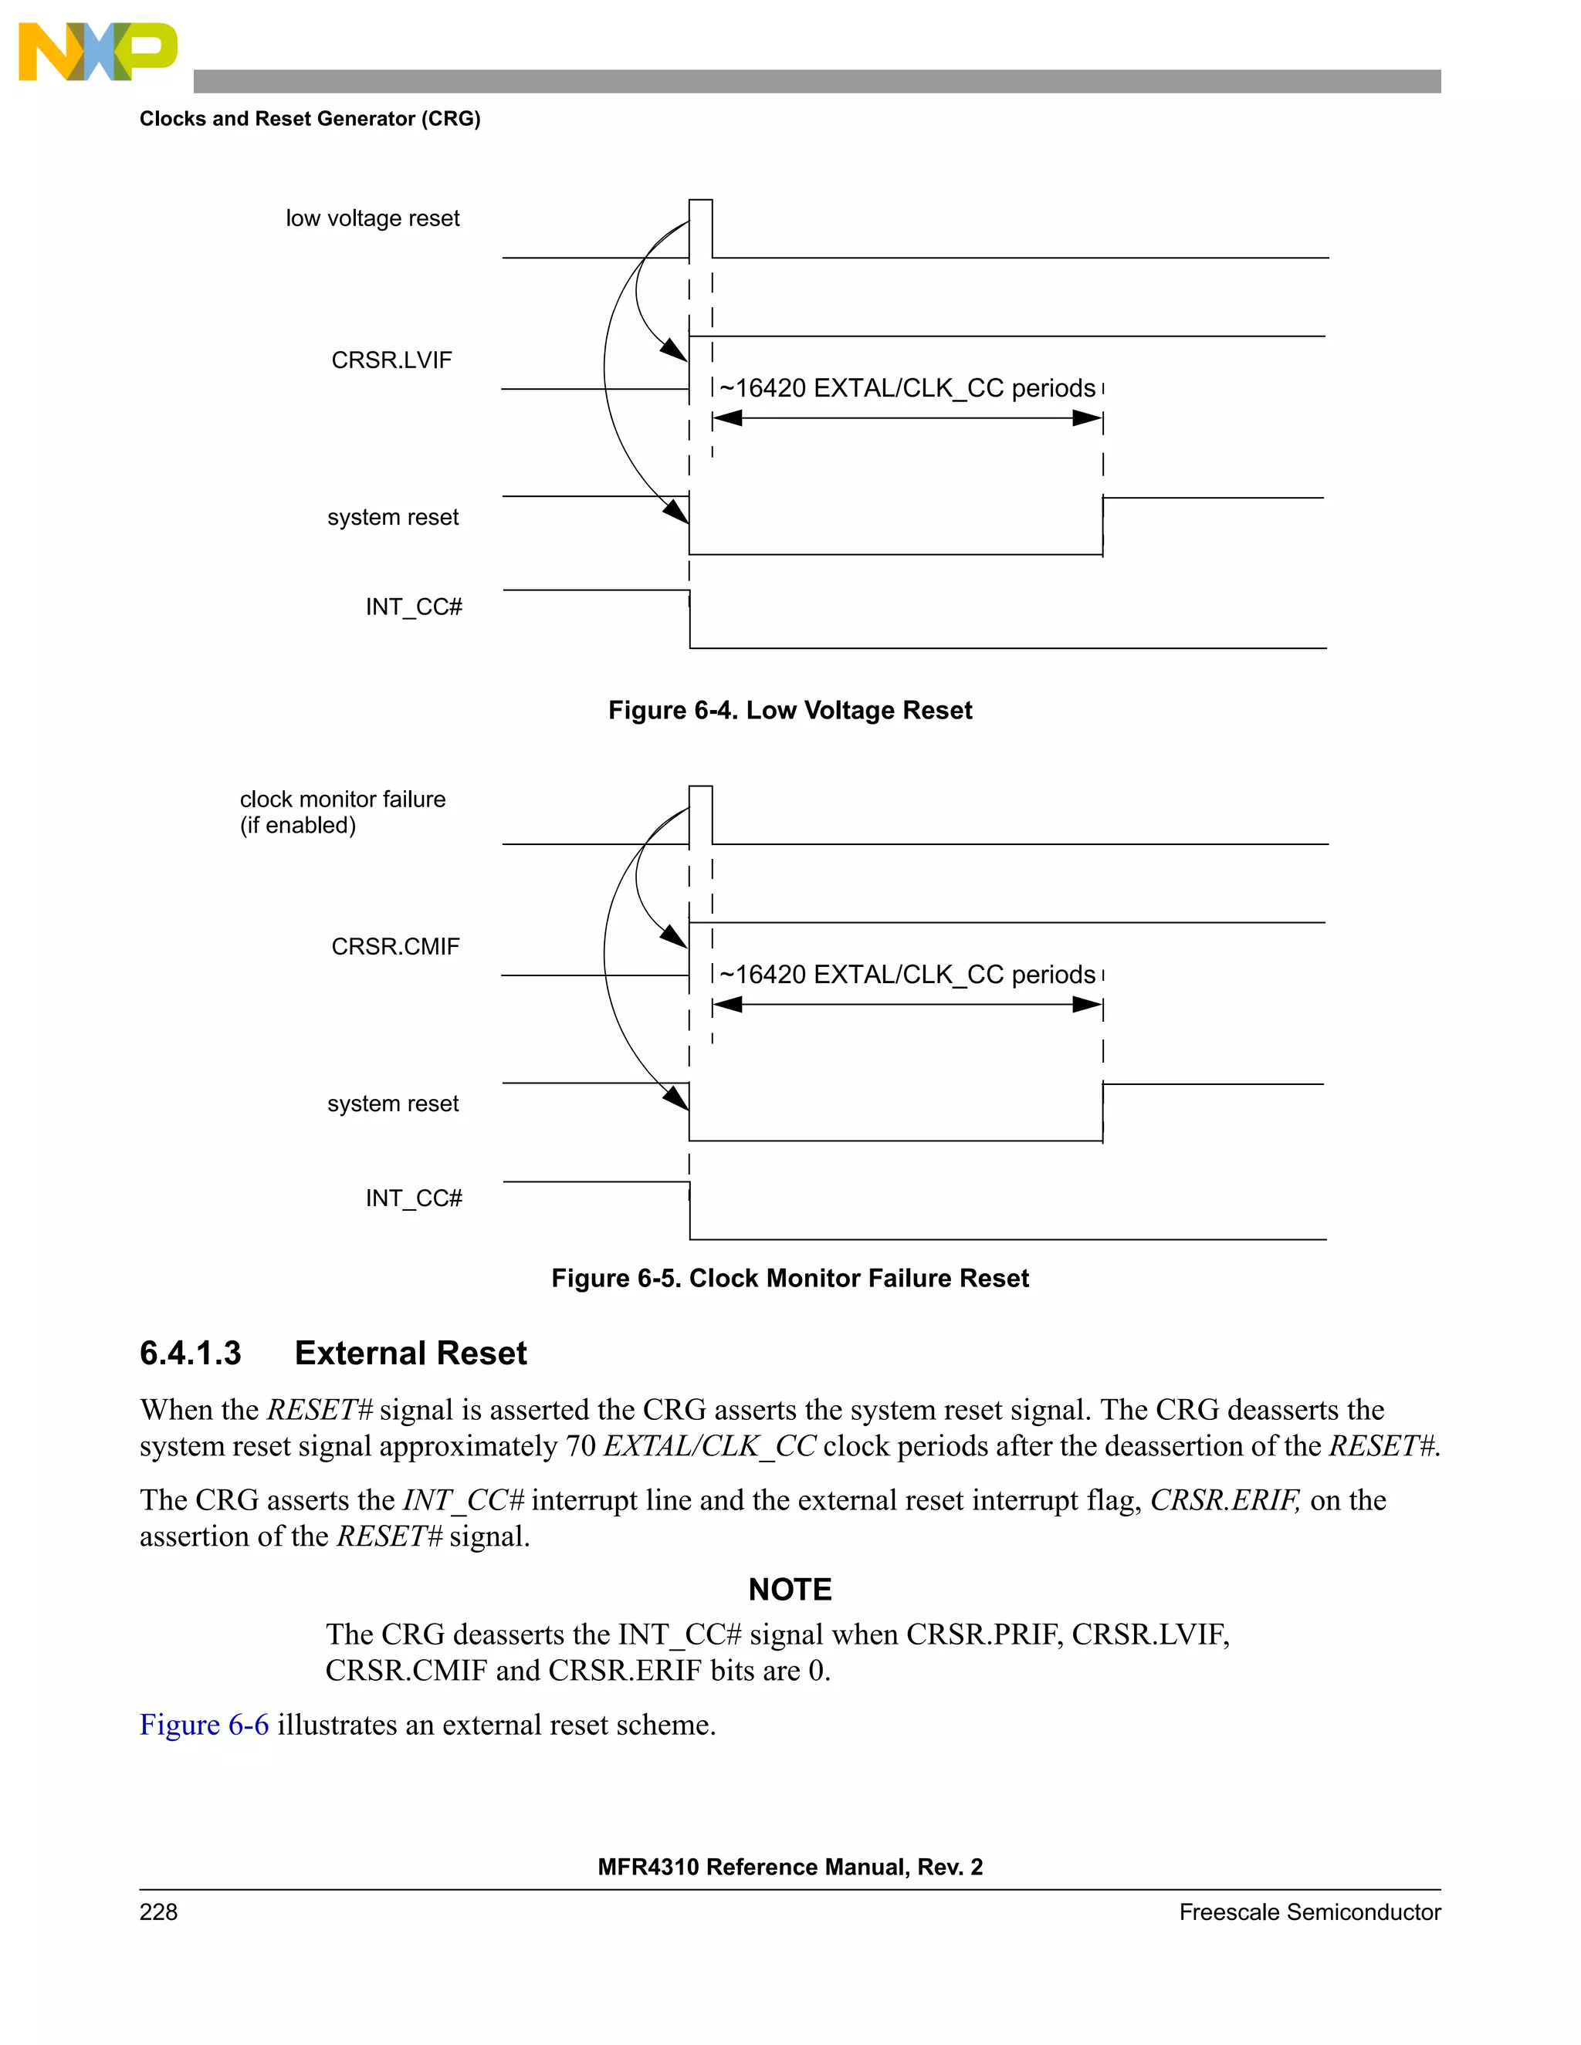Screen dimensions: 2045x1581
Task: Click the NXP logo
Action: pyautogui.click(x=96, y=52)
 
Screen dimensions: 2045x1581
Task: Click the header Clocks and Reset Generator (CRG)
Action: pyautogui.click(x=310, y=119)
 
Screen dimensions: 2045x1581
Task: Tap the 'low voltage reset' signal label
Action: pyautogui.click(x=372, y=218)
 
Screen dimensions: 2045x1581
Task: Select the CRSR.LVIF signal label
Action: pyautogui.click(x=391, y=360)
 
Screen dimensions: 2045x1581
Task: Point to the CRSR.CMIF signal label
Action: pyautogui.click(x=395, y=947)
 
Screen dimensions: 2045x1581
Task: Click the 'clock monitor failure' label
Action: pyautogui.click(x=342, y=799)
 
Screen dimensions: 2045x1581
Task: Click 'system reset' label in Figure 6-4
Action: pyautogui.click(x=392, y=517)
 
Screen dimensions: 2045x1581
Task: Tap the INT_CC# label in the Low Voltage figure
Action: pyautogui.click(x=413, y=607)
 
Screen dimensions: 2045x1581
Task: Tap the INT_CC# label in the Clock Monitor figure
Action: pyautogui.click(x=413, y=1198)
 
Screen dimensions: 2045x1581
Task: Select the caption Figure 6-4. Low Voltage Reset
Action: pyautogui.click(x=790, y=710)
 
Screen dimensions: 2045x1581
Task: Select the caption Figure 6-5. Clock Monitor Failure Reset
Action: pyautogui.click(x=790, y=1278)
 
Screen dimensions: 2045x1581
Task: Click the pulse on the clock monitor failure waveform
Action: pyautogui.click(x=701, y=813)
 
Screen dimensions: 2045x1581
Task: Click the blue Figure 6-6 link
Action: pyautogui.click(x=204, y=1724)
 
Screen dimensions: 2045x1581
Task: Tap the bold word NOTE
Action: pyautogui.click(x=790, y=1589)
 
